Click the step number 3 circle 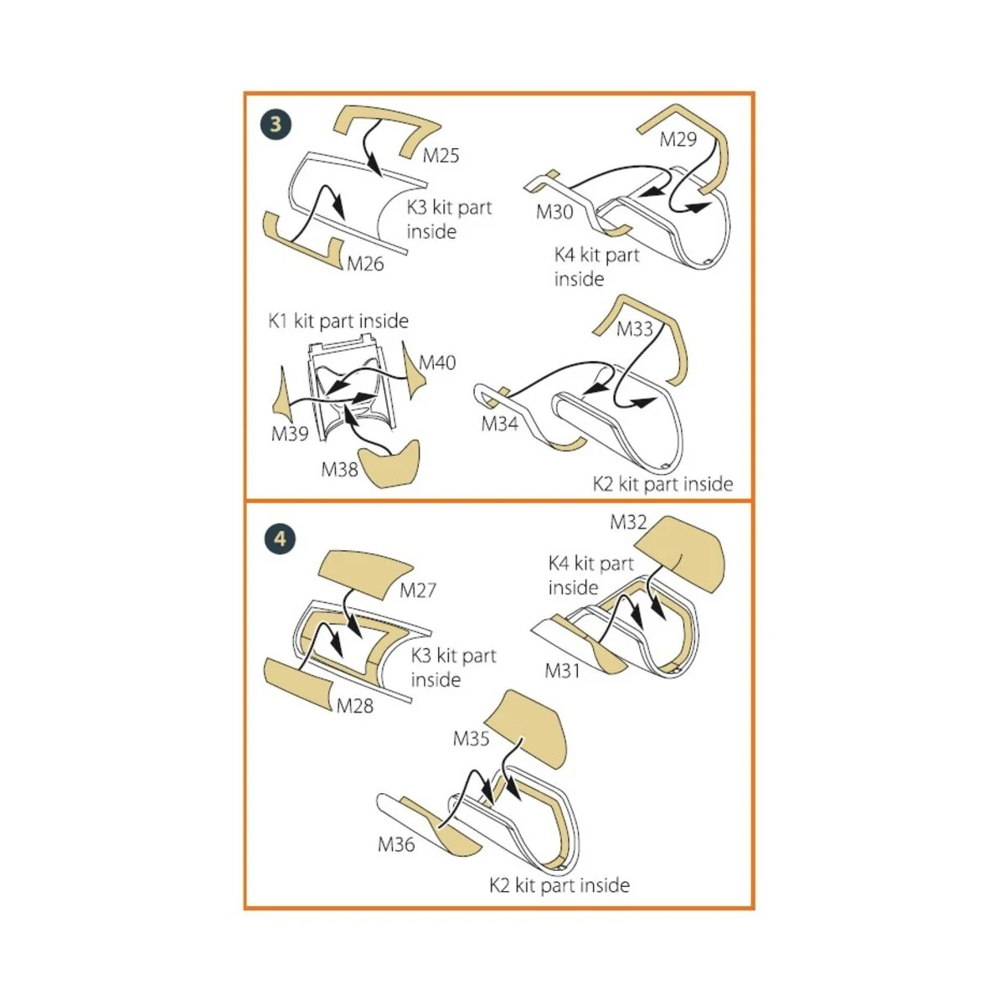[x=276, y=124]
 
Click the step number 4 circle [x=280, y=539]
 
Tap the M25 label [x=441, y=156]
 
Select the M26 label [x=365, y=264]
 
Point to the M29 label [x=678, y=139]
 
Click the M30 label [x=554, y=212]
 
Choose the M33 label [x=635, y=329]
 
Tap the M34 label [x=500, y=424]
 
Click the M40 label [x=437, y=363]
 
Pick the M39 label [x=290, y=433]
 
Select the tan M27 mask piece [x=365, y=573]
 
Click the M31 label [x=563, y=671]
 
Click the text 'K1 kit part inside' [x=338, y=321]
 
